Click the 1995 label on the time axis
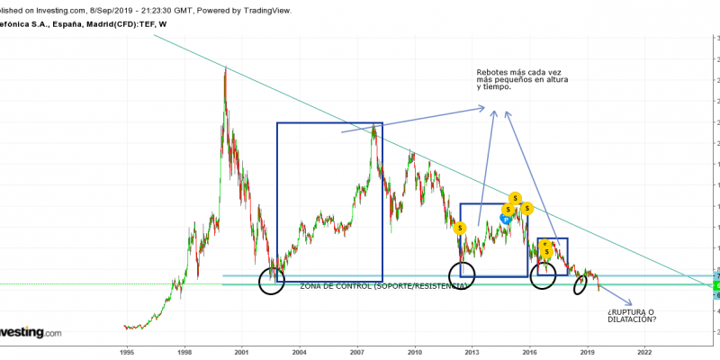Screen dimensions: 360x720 [x=128, y=354]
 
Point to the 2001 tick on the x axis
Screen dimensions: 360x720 [x=242, y=354]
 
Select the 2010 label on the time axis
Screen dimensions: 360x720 [x=415, y=354]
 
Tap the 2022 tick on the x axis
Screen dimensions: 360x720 [x=644, y=354]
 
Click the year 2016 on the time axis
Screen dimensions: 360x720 [x=529, y=354]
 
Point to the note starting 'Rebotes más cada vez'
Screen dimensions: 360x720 [x=522, y=79]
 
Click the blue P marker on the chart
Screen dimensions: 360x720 [x=506, y=218]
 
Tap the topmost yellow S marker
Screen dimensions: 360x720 [x=515, y=198]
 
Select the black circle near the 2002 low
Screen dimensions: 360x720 [x=271, y=281]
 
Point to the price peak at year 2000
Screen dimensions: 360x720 [x=224, y=68]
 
